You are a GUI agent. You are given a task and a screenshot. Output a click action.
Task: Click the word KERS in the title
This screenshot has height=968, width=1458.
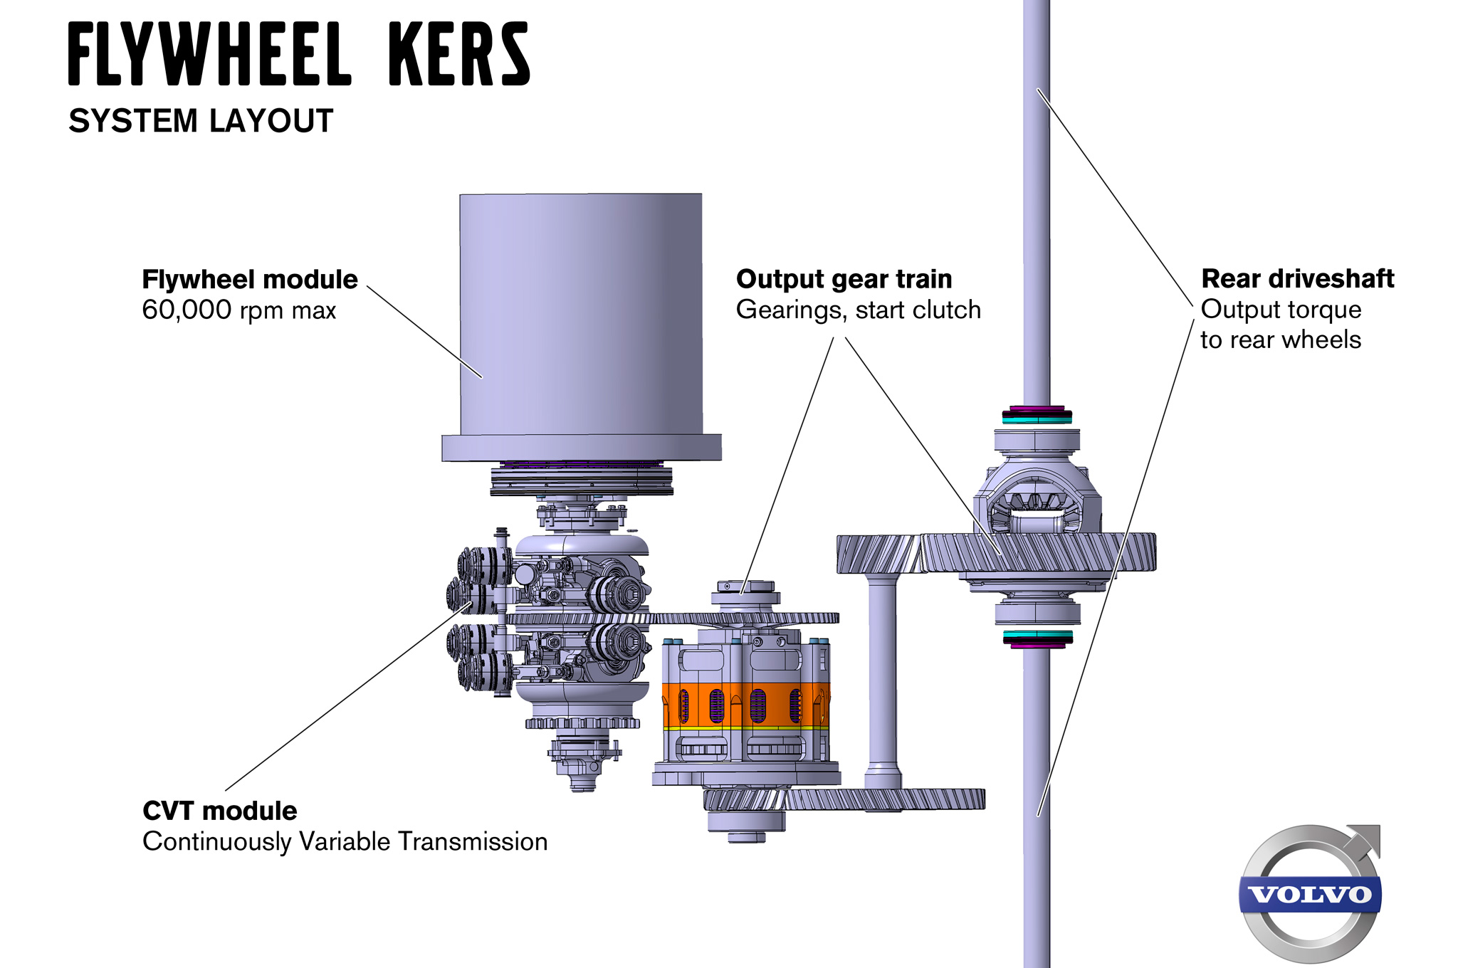coord(459,54)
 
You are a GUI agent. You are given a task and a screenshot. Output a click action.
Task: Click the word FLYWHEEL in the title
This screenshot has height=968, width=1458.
coord(210,54)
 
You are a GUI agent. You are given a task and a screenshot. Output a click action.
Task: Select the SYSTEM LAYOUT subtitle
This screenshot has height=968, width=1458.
coord(201,121)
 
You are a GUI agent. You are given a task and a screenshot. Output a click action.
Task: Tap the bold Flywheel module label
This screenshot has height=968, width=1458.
coord(249,280)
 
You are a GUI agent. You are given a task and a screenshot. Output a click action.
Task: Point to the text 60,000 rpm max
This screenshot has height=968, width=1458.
coord(238,310)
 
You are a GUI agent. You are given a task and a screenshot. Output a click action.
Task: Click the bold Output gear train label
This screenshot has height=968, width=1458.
coord(844,280)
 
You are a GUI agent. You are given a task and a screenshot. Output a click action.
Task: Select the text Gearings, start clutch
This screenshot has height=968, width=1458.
coord(858,310)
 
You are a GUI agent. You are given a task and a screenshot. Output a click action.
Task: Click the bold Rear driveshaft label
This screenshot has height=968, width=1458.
coord(1297,279)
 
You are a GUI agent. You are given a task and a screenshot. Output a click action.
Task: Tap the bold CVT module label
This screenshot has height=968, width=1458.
coord(219,811)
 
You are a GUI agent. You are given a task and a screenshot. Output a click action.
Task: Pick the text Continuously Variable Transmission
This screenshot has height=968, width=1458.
coord(345,841)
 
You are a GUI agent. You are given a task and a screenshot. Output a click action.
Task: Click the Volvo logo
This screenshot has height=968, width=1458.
coord(1310,893)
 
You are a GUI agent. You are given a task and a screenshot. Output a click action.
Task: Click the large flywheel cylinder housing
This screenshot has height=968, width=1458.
coord(580,313)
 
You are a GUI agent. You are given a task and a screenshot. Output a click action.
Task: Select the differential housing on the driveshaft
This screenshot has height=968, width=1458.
coord(1037,498)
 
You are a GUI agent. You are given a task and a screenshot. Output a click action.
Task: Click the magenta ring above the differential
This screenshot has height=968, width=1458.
coord(1037,410)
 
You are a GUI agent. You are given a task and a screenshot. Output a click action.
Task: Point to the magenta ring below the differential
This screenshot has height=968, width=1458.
coord(1037,644)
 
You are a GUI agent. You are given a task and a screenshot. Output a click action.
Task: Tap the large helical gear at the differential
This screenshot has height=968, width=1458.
coord(1039,552)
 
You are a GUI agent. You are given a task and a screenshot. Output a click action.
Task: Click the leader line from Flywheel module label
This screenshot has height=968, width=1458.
coord(424,332)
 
